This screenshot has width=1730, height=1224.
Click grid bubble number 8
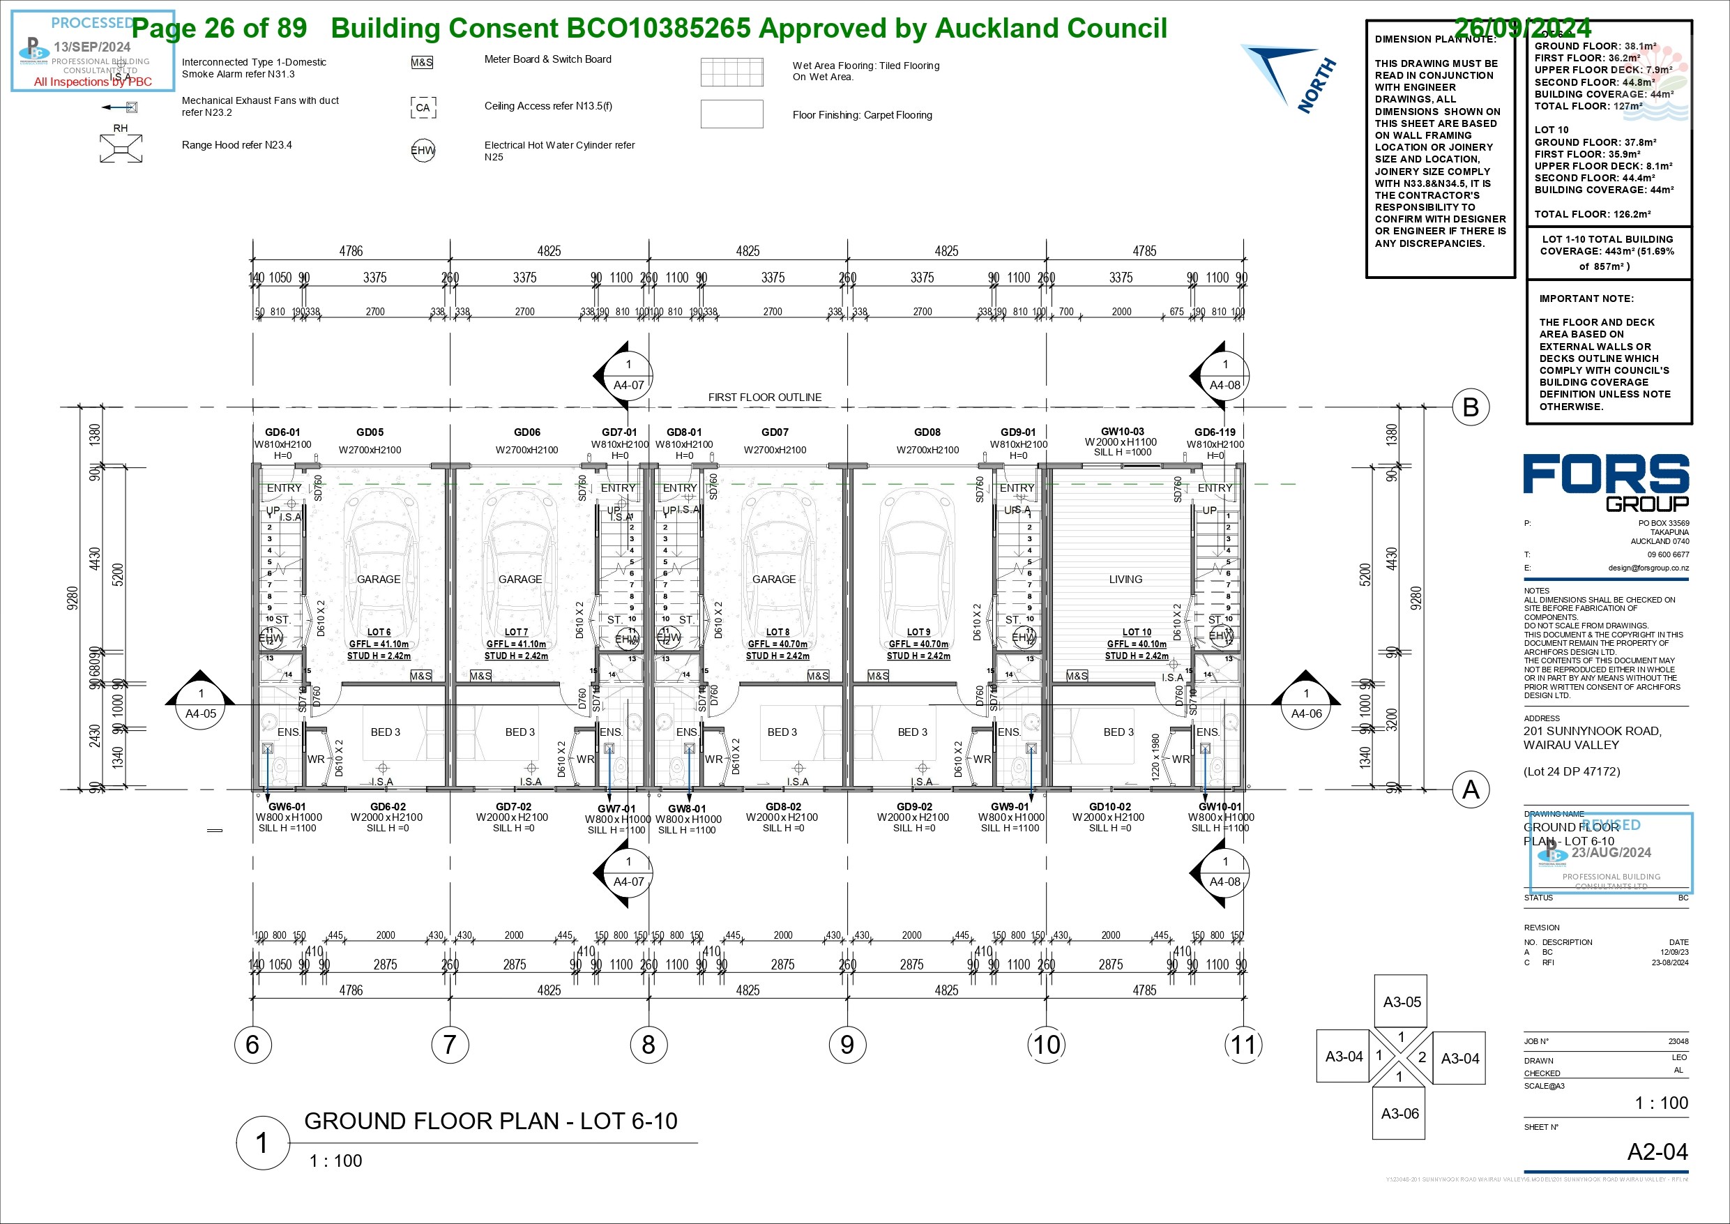pos(648,1045)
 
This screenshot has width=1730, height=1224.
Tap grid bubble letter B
pos(1470,407)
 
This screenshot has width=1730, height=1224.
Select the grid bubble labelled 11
pos(1243,1045)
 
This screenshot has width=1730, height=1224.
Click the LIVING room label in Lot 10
pos(1125,580)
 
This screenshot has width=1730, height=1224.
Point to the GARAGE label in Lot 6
pos(378,580)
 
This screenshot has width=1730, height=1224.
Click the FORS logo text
pos(1606,475)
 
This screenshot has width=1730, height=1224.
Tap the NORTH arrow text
pos(1317,86)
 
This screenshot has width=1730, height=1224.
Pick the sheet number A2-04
pos(1657,1151)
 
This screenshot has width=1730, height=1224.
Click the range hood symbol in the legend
pos(121,148)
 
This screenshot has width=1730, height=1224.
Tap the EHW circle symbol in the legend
pos(423,151)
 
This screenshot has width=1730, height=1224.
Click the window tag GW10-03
pos(1122,432)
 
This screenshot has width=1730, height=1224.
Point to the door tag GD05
pos(370,432)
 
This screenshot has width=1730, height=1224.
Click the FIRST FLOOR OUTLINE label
pos(765,398)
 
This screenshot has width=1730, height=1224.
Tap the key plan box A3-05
pos(1402,1002)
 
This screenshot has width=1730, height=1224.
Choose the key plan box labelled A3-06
pos(1399,1114)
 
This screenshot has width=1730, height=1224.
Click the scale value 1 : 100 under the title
pos(335,1161)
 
